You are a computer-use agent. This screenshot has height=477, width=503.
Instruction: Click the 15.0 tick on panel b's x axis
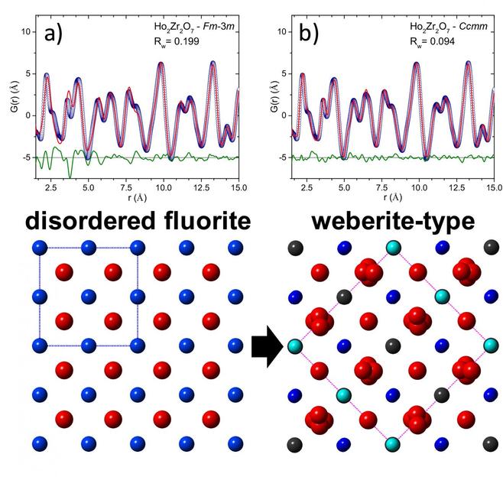click(x=494, y=186)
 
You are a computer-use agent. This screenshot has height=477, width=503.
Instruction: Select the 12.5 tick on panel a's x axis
click(x=203, y=186)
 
